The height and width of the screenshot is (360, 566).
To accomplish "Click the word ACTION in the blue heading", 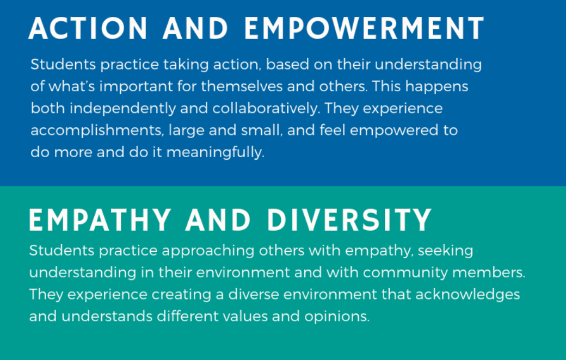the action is click(88, 28).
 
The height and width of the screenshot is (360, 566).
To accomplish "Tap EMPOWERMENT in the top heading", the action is click(364, 28).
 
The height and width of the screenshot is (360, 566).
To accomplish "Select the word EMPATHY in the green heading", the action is click(100, 220).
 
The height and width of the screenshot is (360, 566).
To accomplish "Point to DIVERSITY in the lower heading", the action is click(349, 220).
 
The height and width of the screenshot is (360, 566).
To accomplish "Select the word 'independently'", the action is click(123, 109).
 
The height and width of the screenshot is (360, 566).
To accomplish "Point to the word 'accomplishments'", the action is click(97, 130).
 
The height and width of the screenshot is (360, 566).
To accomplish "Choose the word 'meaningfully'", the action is click(215, 152).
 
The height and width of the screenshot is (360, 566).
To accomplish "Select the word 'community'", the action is click(405, 272).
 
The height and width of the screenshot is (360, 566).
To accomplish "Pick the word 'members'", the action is click(489, 272).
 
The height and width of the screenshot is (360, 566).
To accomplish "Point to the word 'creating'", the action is click(181, 295).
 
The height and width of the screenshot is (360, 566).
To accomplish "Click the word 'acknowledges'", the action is click(467, 295).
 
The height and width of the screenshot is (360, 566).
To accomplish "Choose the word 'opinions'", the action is click(337, 316).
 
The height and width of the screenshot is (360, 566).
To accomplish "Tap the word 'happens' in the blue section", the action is click(436, 86).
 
